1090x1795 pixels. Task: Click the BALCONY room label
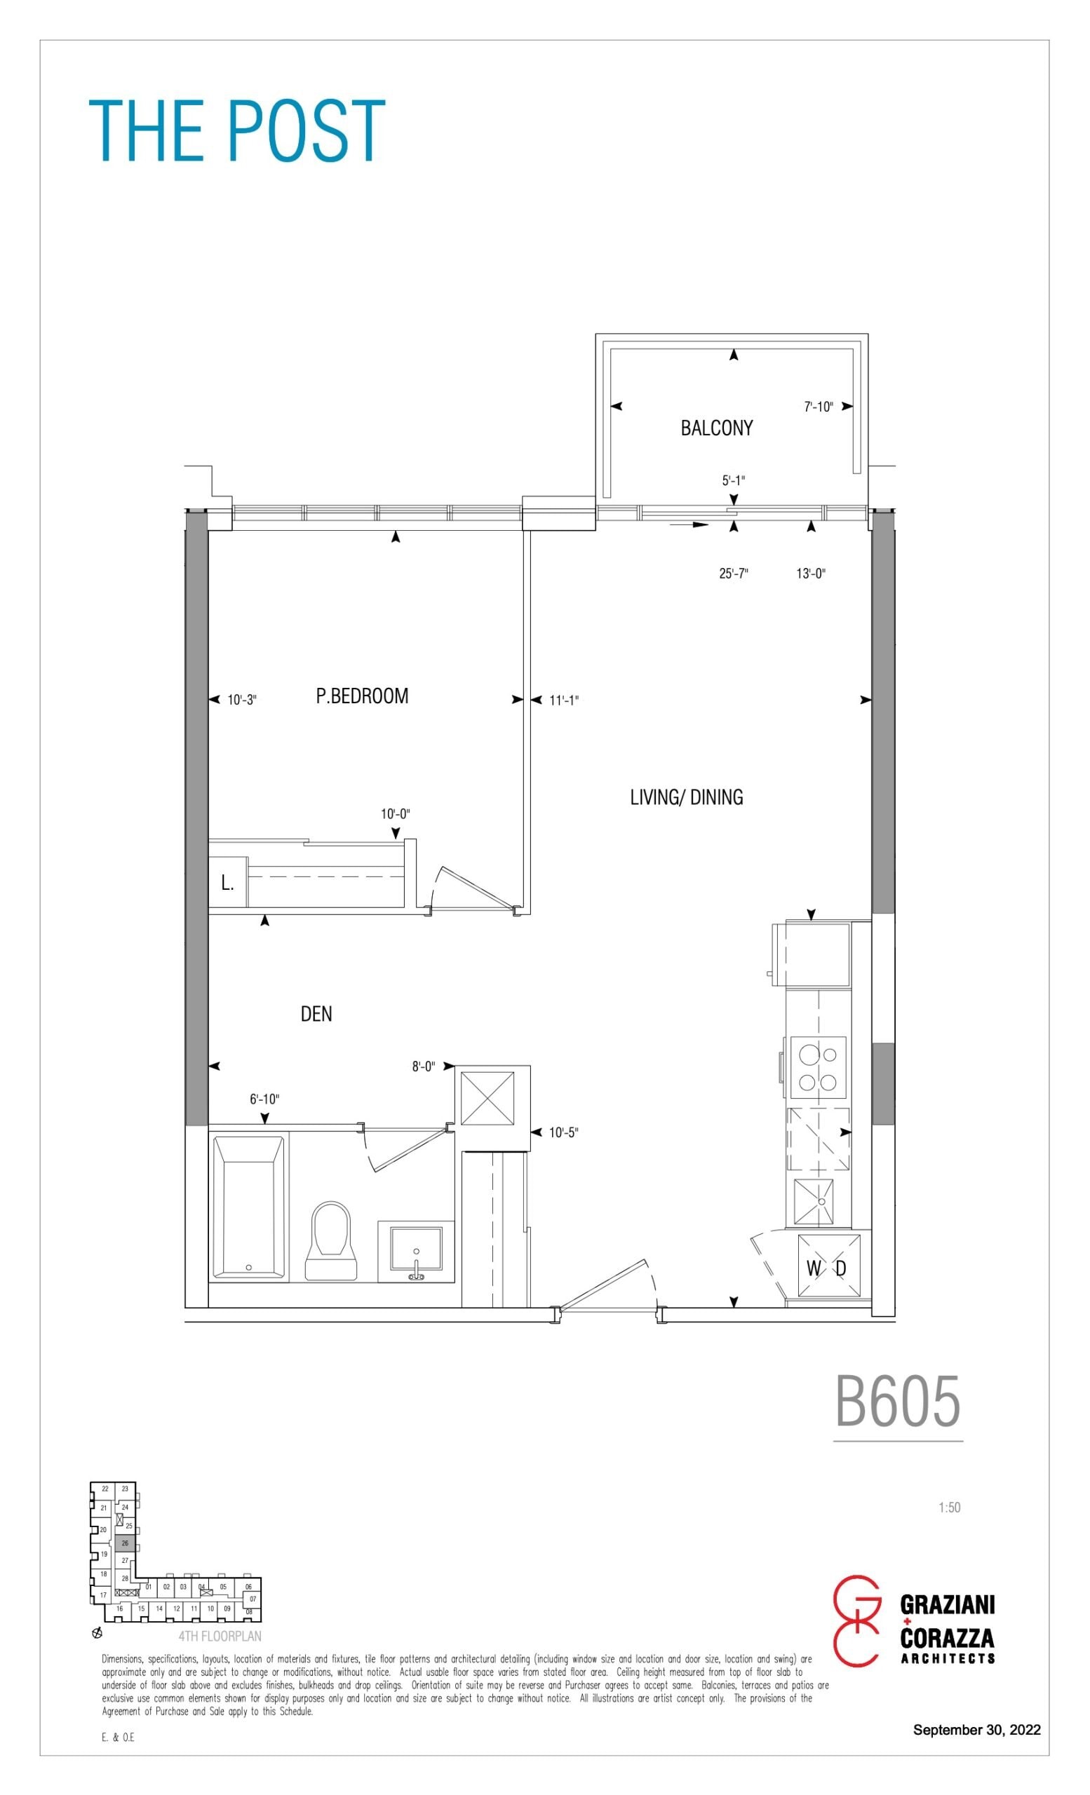716,428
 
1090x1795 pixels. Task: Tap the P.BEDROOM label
362,696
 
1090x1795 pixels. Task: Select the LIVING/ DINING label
687,797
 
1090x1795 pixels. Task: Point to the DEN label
316,1013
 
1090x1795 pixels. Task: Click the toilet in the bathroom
332,1240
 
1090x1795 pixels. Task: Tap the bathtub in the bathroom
248,1207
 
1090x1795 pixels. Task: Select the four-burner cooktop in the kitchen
819,1067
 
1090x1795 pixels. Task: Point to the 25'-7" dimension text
734,574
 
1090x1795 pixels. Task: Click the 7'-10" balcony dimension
819,407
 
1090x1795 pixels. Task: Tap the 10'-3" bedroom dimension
242,700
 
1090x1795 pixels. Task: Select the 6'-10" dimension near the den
264,1099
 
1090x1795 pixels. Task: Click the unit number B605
898,1402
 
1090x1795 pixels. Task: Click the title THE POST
237,130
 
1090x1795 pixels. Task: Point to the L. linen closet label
227,883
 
